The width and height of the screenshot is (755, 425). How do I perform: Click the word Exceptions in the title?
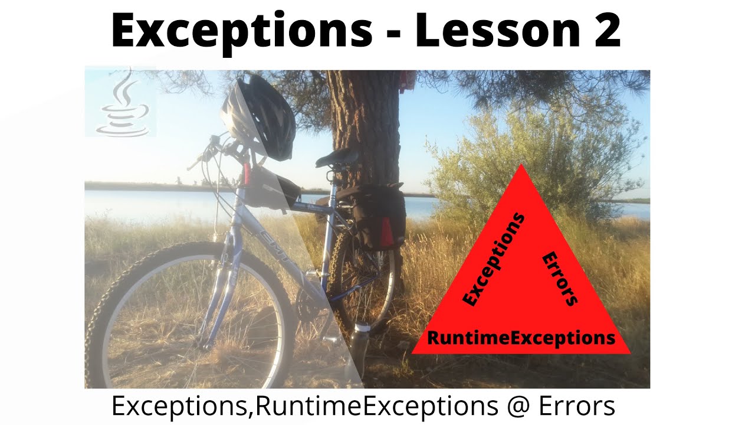pyautogui.click(x=242, y=31)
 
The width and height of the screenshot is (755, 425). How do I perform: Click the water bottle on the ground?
pyautogui.click(x=360, y=348)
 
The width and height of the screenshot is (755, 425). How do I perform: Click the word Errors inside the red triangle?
pyautogui.click(x=559, y=279)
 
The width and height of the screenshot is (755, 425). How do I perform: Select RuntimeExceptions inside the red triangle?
pyautogui.click(x=521, y=338)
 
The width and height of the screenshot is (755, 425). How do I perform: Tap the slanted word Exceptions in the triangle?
pyautogui.click(x=494, y=260)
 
